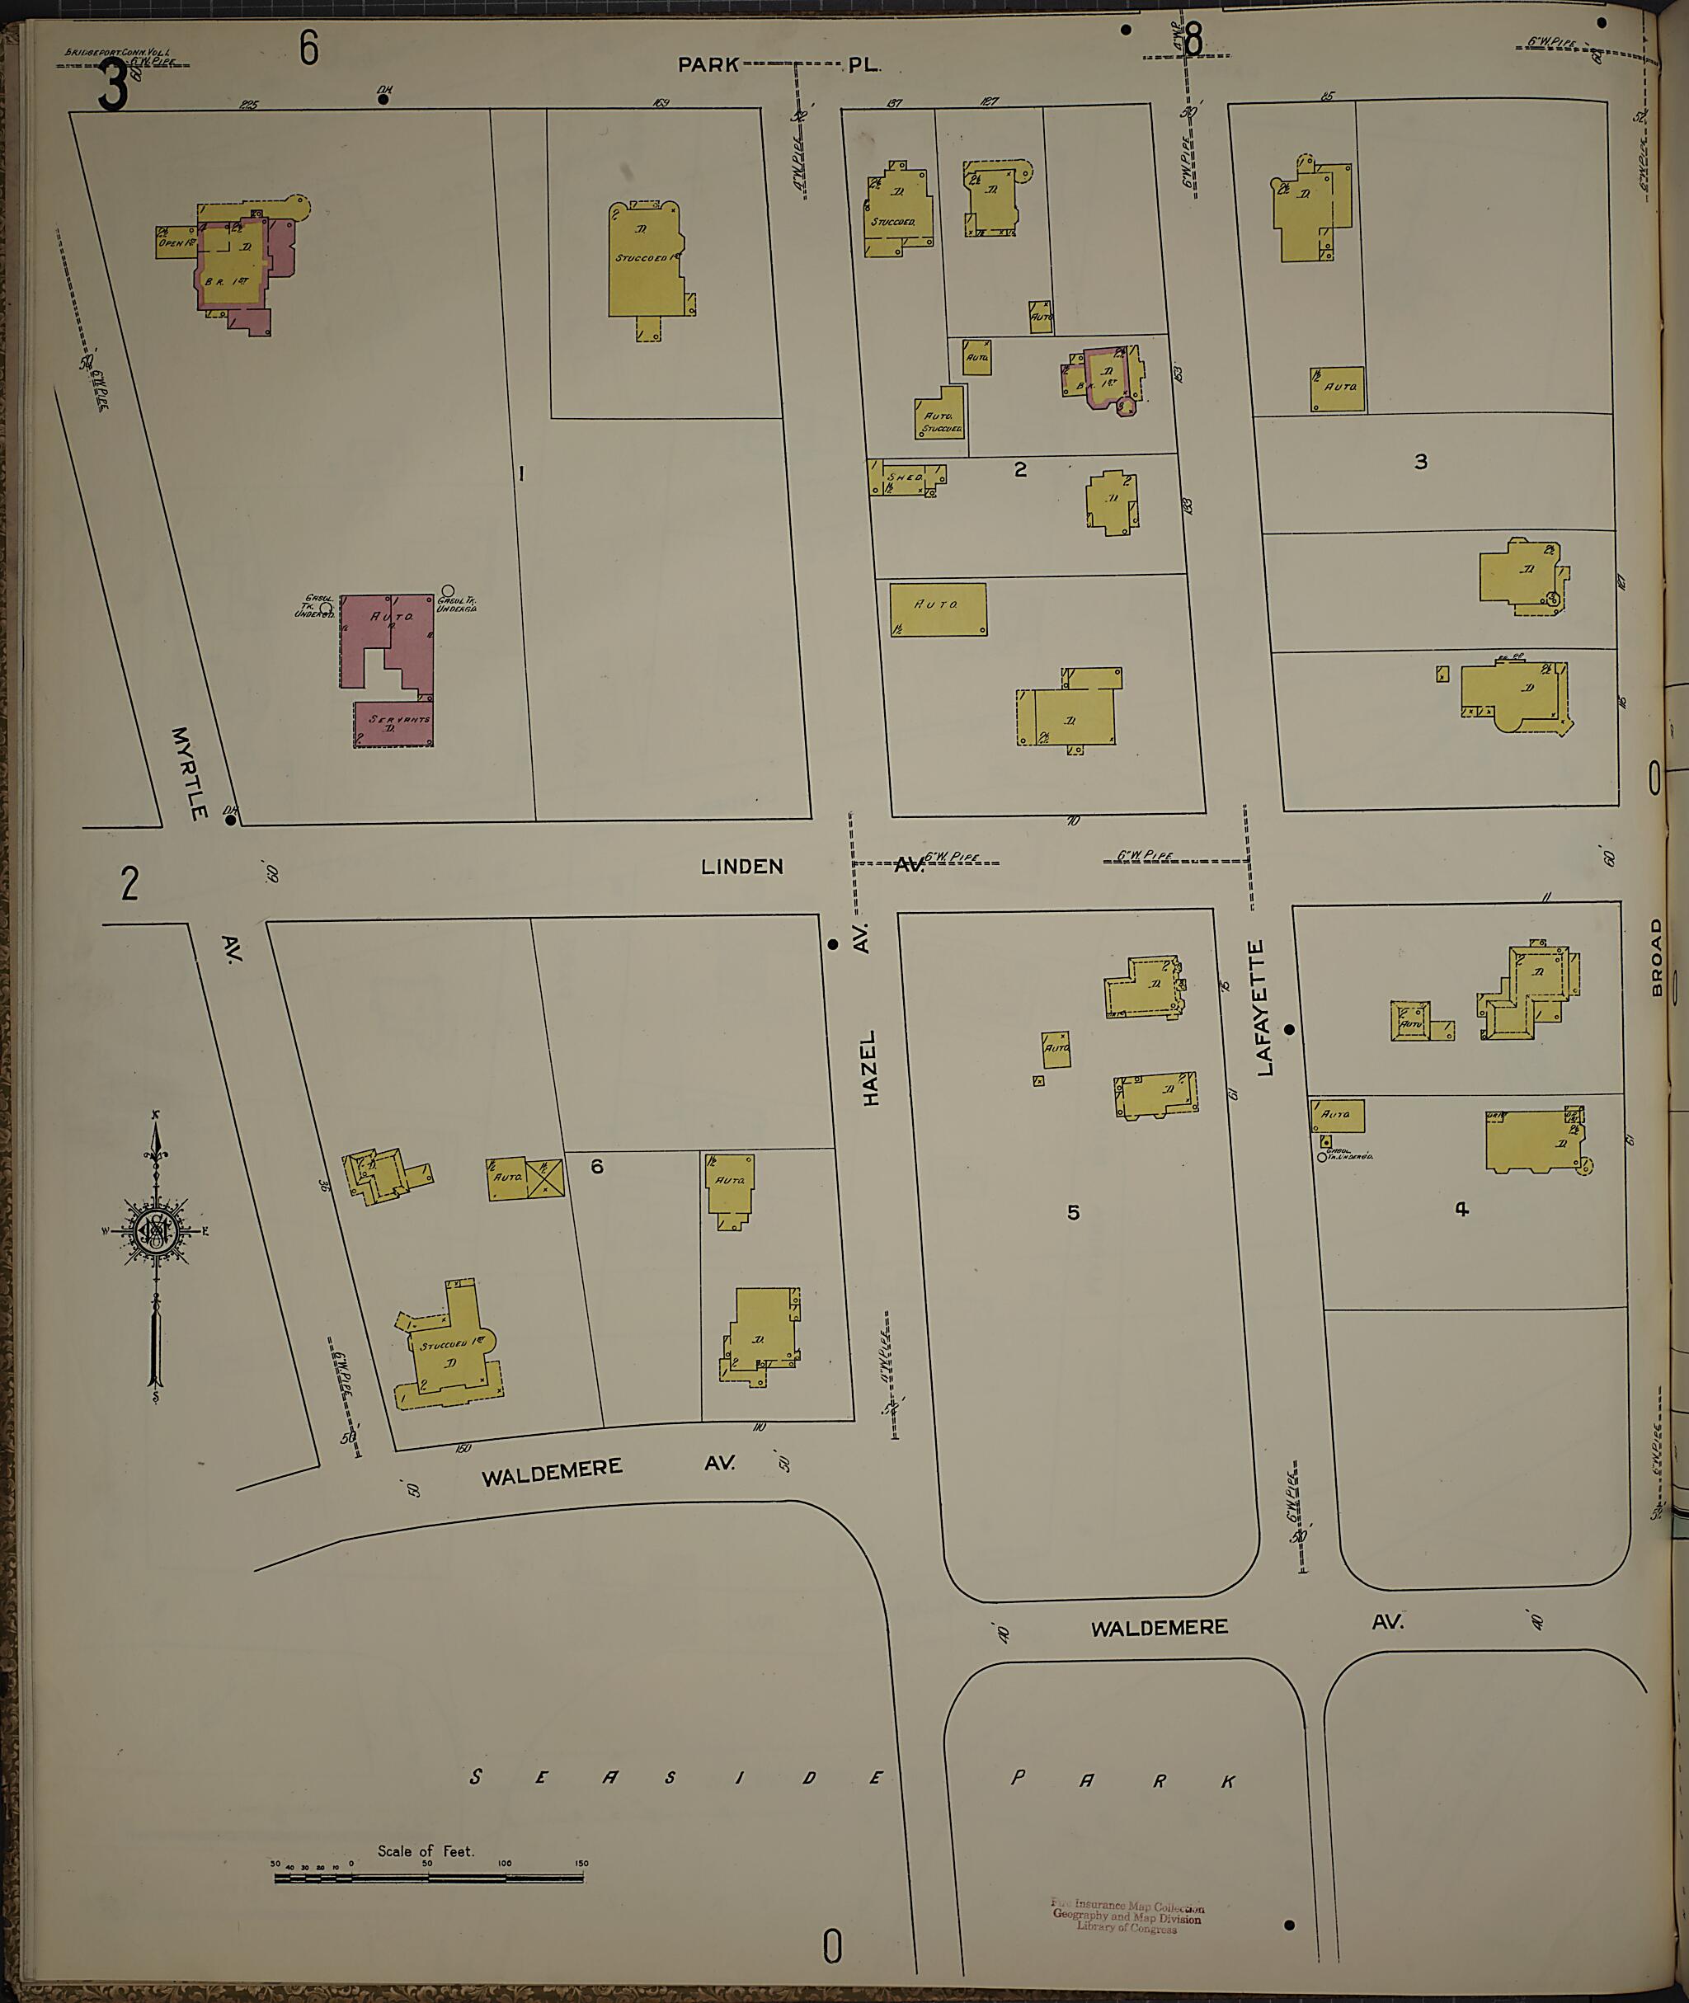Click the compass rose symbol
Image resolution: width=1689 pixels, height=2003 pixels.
[x=153, y=1231]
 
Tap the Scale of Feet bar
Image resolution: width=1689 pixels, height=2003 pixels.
[x=429, y=1878]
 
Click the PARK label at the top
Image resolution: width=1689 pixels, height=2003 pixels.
[x=708, y=64]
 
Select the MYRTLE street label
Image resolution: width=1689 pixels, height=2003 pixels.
[x=189, y=773]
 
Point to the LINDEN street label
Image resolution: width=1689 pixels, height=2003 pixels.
[x=742, y=867]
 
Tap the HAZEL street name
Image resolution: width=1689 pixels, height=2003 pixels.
[x=870, y=1069]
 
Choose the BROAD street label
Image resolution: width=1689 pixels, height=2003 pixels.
[x=1658, y=958]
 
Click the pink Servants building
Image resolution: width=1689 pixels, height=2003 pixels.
[x=393, y=724]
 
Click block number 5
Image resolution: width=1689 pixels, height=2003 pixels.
[x=1073, y=1212]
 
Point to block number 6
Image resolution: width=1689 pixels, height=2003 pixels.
[x=596, y=1166]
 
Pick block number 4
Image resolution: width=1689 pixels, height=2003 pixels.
[x=1461, y=1209]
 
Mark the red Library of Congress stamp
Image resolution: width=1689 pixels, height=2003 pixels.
[x=1127, y=1916]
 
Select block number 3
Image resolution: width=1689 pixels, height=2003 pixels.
[x=1421, y=462]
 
